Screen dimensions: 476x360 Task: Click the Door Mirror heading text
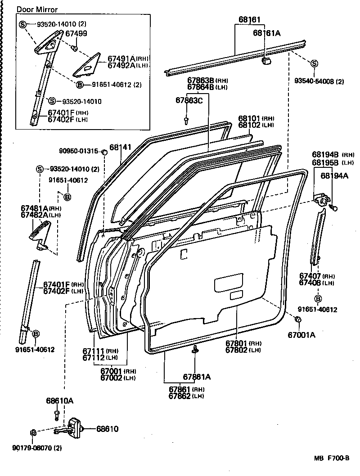click(x=37, y=9)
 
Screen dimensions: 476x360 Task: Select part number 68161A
click(x=266, y=32)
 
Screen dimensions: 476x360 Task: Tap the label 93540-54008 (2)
click(x=319, y=81)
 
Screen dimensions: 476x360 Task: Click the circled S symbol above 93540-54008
click(x=314, y=63)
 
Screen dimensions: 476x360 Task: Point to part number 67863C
click(x=189, y=100)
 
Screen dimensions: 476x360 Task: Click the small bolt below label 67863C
click(x=186, y=120)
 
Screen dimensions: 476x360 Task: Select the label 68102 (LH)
click(x=256, y=125)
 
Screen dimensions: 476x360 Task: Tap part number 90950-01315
click(x=79, y=151)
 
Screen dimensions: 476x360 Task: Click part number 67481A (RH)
click(x=41, y=208)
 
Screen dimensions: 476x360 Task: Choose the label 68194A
click(x=334, y=177)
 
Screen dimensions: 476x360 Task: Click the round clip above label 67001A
click(x=297, y=319)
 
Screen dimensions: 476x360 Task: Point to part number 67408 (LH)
click(x=317, y=283)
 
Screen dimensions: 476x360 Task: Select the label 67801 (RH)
click(x=243, y=343)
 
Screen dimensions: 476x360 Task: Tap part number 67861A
click(x=197, y=377)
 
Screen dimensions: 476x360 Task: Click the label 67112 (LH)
click(x=100, y=358)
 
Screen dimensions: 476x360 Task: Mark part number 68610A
click(x=59, y=400)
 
